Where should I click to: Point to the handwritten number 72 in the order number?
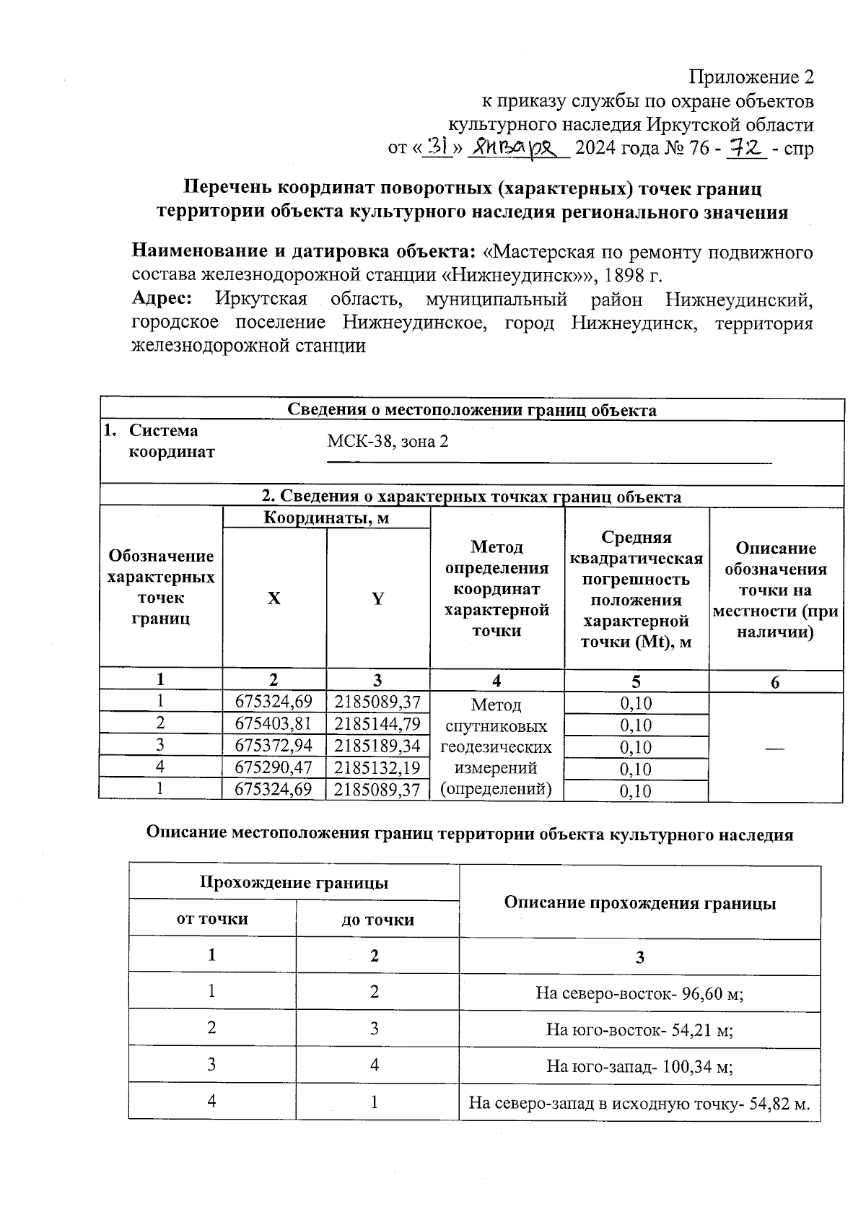click(745, 148)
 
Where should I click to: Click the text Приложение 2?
click(751, 77)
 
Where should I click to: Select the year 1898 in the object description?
click(626, 275)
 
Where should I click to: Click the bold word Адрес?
click(162, 299)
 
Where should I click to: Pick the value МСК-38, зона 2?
click(388, 441)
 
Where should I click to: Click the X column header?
click(274, 598)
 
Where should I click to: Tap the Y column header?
click(377, 598)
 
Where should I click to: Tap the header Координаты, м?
click(326, 518)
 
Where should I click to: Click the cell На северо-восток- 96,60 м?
click(639, 993)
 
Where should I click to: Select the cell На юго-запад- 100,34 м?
click(639, 1066)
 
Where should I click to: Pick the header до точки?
click(377, 920)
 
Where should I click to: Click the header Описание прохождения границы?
click(639, 903)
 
